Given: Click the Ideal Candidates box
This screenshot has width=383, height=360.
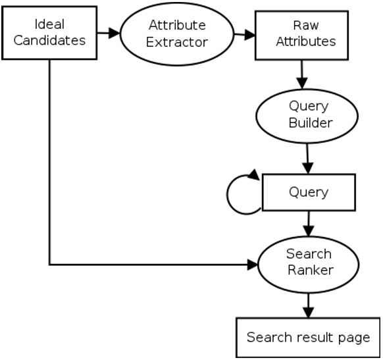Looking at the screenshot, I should pos(49,33).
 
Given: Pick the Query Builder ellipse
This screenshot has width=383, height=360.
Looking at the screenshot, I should pos(308,114).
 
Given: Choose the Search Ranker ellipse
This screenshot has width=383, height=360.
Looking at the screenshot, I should pos(308,262).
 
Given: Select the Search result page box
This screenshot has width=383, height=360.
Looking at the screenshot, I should pos(308,338).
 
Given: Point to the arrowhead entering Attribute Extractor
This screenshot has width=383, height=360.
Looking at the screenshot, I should pos(115,32).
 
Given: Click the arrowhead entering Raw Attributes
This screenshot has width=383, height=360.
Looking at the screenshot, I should pos(249,34).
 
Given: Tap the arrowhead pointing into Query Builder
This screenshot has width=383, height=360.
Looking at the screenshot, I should pos(302,84).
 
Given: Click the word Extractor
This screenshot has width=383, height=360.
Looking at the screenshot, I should pos(177,42).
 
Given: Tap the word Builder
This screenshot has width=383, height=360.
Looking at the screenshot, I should pos(308,122).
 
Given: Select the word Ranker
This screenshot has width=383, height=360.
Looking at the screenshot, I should pos(308,270).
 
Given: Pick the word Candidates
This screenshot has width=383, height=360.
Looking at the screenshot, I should pos(51,40).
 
